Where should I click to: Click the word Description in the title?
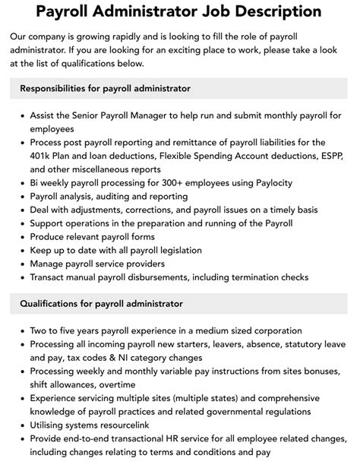[x=279, y=12]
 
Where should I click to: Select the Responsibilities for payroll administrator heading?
[x=105, y=88]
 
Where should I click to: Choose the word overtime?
[x=119, y=386]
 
